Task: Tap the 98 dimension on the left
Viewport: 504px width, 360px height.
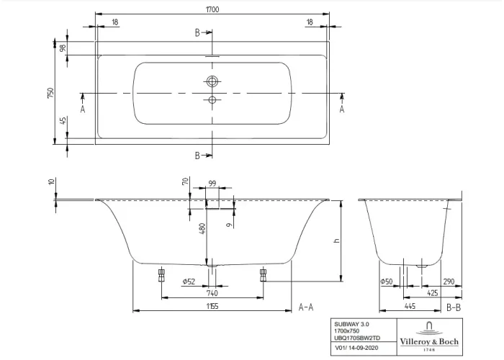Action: coord(63,48)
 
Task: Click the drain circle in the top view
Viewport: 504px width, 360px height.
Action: coord(212,81)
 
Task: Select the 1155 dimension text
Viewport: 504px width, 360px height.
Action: coord(212,306)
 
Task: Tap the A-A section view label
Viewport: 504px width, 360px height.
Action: coord(305,307)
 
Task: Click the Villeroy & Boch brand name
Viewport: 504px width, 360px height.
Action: coord(430,341)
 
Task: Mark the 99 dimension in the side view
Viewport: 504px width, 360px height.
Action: coord(212,184)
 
